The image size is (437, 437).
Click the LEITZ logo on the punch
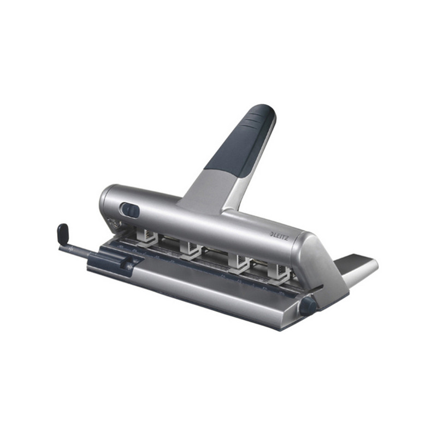280,236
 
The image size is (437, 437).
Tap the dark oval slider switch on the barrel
130,210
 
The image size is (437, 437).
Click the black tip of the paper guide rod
63,233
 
